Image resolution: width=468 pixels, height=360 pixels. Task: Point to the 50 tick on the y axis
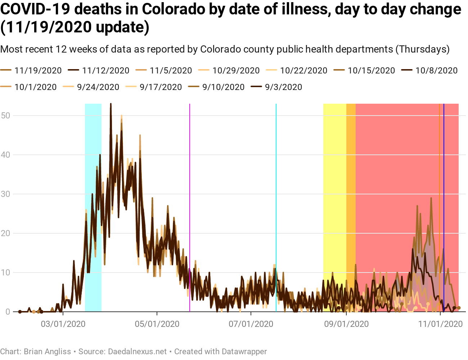(x=5, y=116)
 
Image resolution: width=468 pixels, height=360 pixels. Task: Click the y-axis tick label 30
(x=5, y=194)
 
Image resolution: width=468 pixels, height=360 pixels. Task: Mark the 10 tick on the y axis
(x=5, y=273)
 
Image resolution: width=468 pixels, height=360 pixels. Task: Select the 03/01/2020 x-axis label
(x=63, y=324)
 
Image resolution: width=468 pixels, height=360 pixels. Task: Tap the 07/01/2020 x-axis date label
(x=251, y=324)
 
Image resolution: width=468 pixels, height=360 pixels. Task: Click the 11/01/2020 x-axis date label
(x=440, y=324)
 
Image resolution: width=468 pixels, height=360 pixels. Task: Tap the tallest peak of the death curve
(x=111, y=104)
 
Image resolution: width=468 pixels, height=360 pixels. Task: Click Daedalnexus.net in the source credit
(x=138, y=351)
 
